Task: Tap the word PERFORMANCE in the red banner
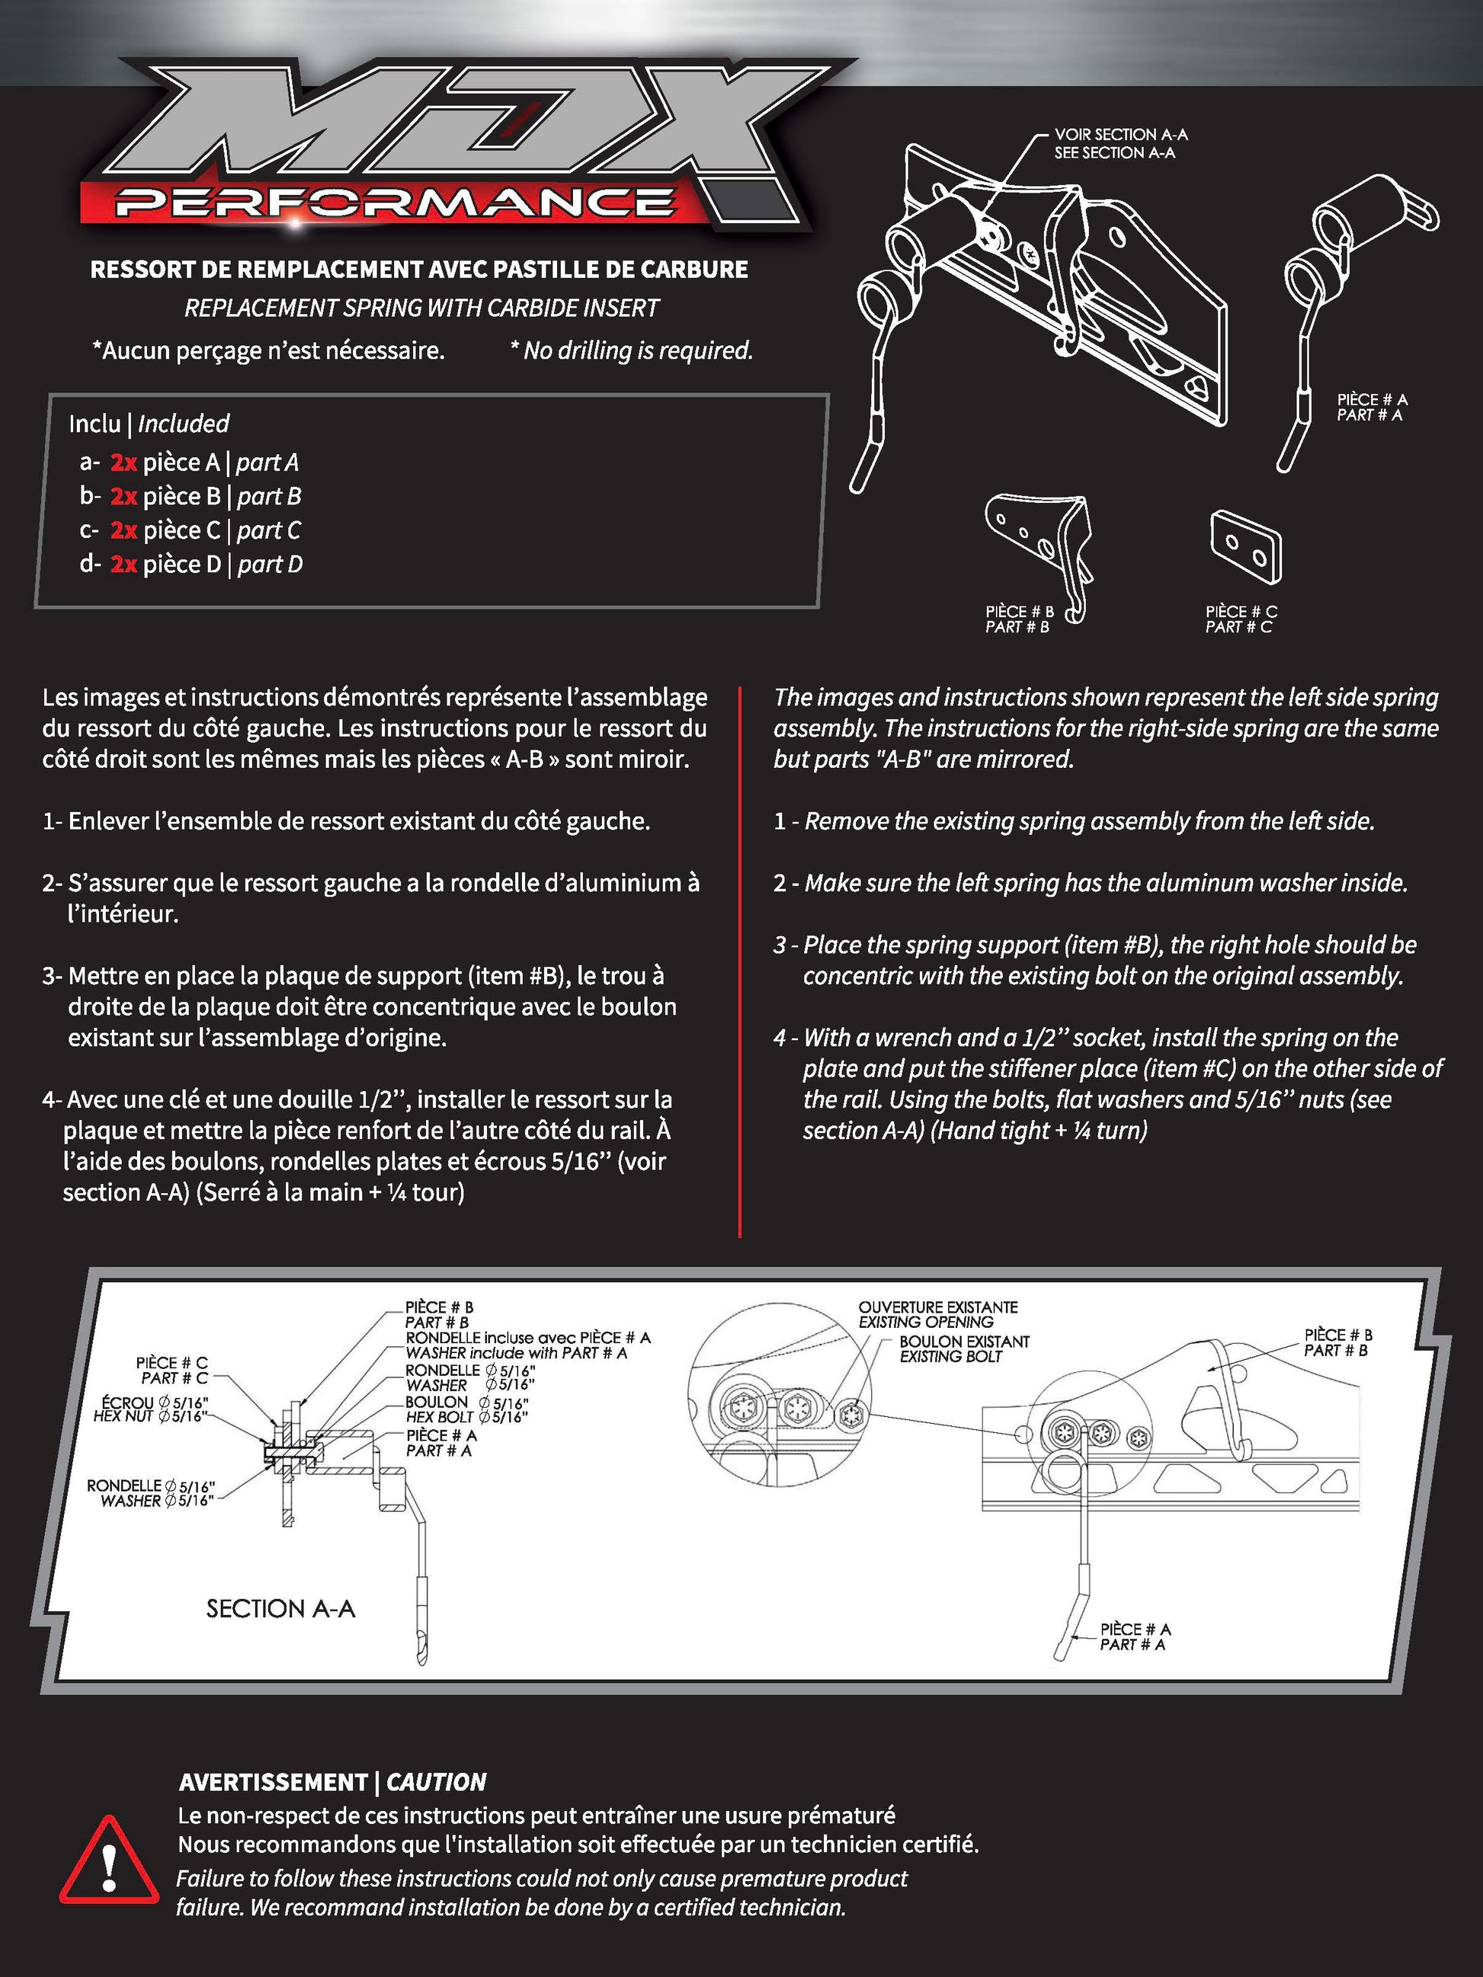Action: [x=393, y=203]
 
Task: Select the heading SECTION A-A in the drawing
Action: [x=280, y=1609]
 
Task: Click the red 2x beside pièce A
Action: [x=123, y=462]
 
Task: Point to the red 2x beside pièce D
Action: [x=123, y=564]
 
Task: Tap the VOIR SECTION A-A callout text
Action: [x=1120, y=135]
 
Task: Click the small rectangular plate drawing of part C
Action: [x=1245, y=548]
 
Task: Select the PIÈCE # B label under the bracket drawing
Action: [x=1019, y=611]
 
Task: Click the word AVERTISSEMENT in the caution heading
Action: [x=273, y=1782]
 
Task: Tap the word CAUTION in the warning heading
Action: [x=436, y=1782]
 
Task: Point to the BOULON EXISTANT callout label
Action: [x=963, y=1342]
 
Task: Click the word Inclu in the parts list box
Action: [x=94, y=423]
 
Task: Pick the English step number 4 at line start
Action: [x=780, y=1038]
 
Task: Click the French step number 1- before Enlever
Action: [x=52, y=821]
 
